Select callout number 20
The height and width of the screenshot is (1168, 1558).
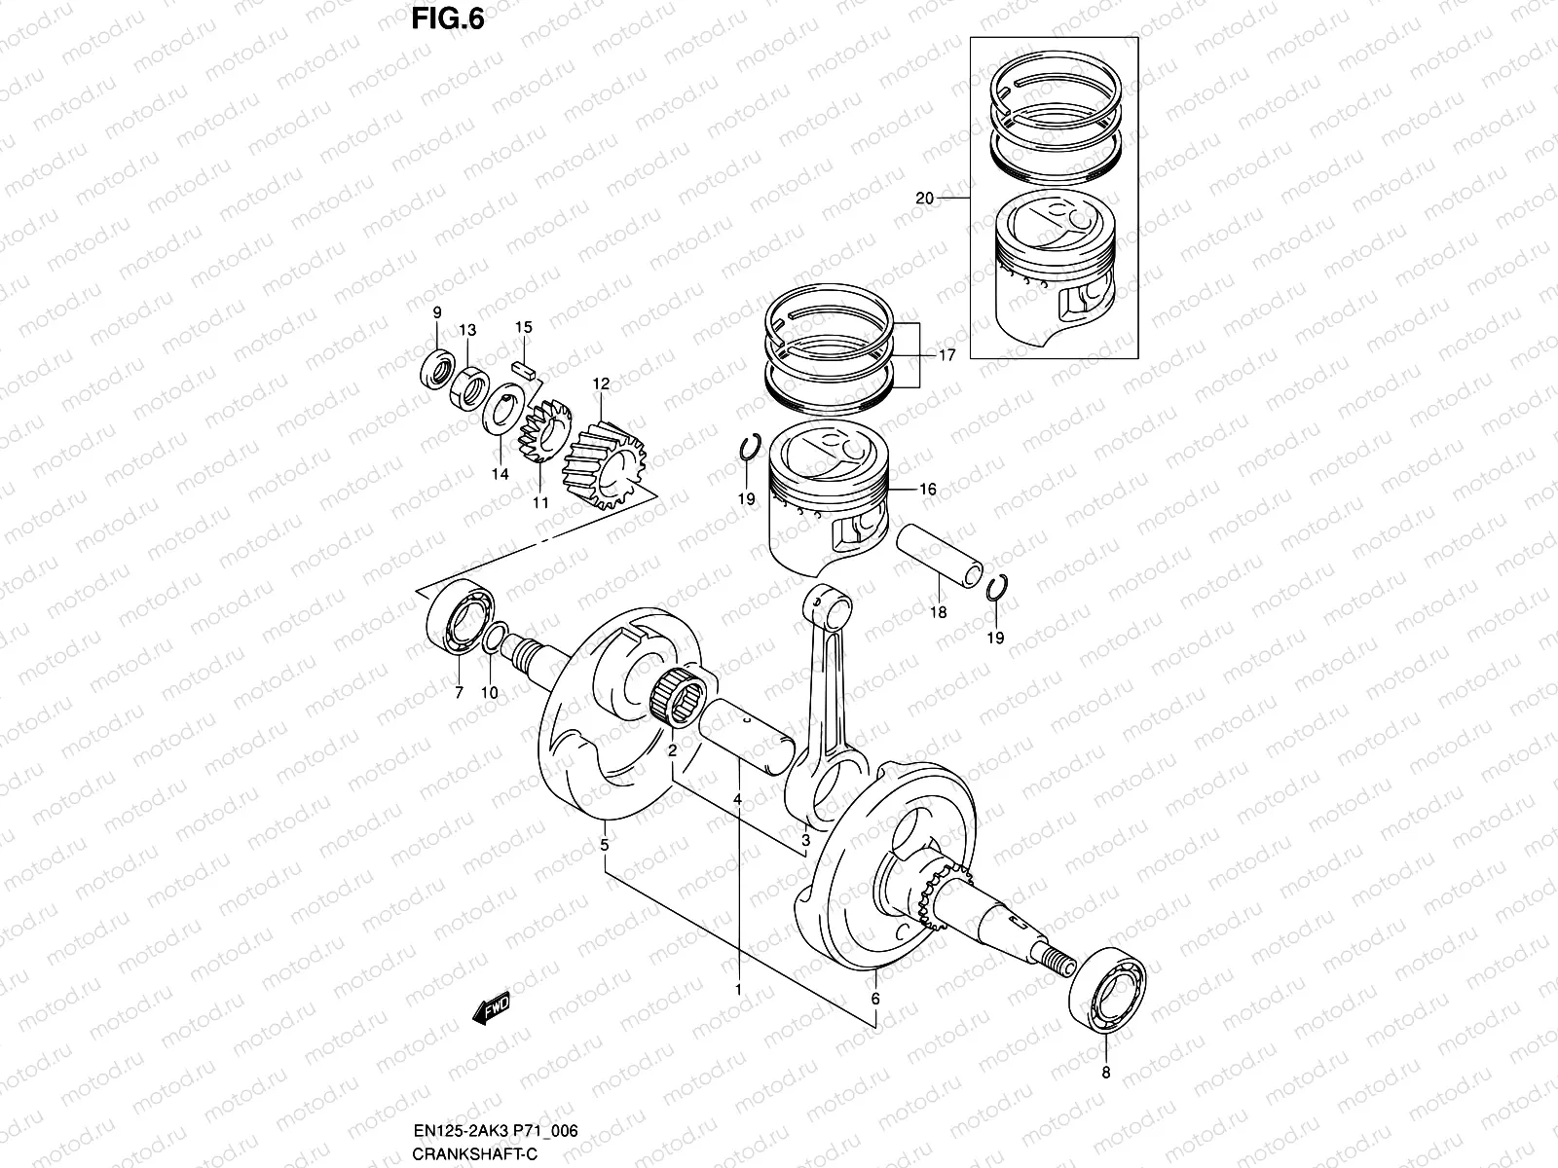click(924, 198)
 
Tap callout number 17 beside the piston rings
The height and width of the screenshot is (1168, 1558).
click(946, 355)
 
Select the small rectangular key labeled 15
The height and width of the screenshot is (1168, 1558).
click(524, 367)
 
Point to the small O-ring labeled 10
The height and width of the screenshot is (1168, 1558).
click(493, 639)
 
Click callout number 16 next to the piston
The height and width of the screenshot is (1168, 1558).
click(928, 489)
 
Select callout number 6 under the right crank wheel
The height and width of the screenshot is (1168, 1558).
click(874, 1000)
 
